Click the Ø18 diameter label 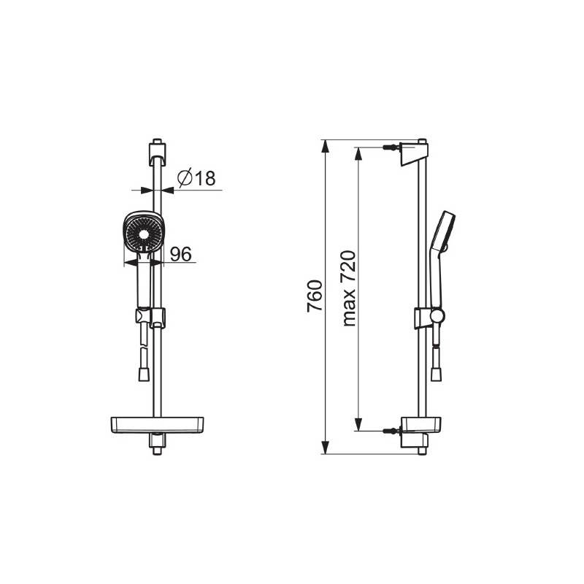[196, 178]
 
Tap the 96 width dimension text [180, 254]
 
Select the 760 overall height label [315, 296]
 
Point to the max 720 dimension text [349, 288]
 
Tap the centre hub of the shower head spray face [143, 234]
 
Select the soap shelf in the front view [158, 426]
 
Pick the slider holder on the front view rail [150, 318]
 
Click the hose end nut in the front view [144, 374]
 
